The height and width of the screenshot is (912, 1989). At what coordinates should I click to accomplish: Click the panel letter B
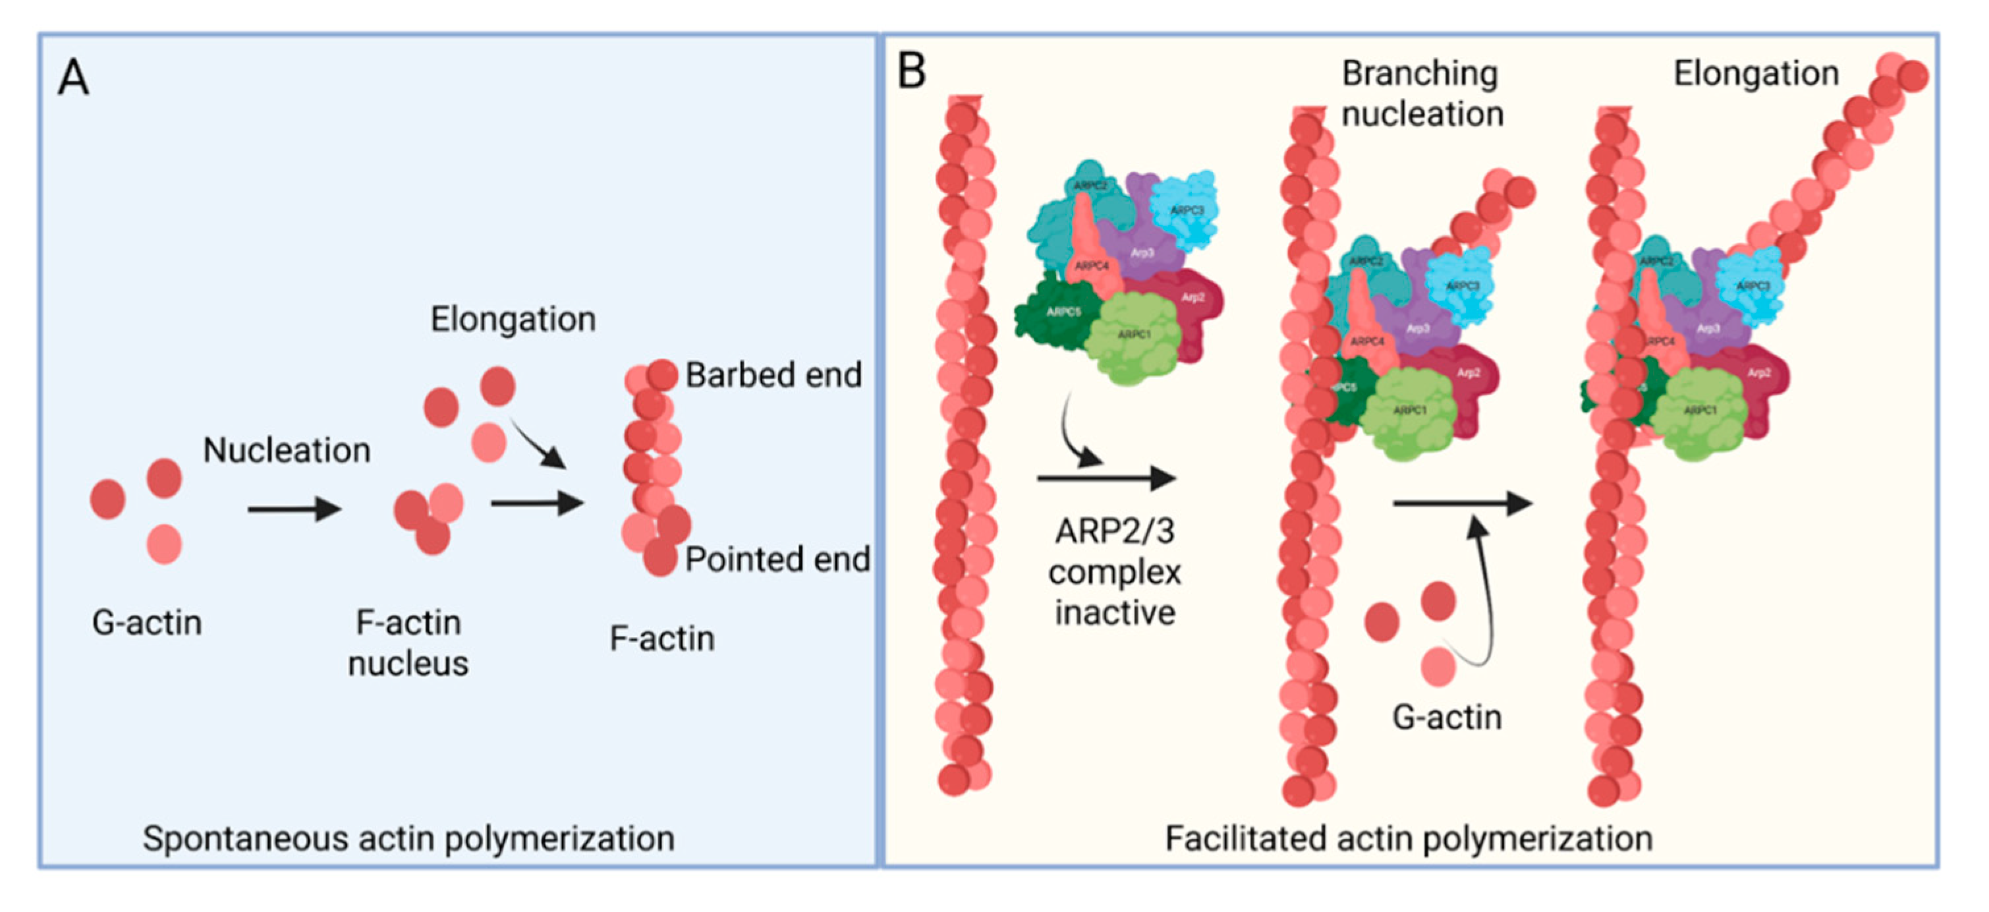(911, 72)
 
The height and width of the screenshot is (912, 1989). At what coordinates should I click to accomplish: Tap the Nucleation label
(287, 450)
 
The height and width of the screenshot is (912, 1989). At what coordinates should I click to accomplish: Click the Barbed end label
(773, 376)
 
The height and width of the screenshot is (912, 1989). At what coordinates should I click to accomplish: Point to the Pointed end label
(777, 559)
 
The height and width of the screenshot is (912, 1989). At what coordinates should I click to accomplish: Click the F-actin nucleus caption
(408, 642)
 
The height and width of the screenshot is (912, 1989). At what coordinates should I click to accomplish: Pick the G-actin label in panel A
(147, 623)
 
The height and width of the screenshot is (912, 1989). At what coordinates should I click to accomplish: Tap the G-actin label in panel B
(1447, 718)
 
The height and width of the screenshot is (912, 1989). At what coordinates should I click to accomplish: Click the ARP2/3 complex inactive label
(1115, 572)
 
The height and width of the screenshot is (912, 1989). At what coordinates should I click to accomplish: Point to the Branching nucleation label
(1422, 94)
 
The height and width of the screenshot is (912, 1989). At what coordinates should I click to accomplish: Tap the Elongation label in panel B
(1756, 73)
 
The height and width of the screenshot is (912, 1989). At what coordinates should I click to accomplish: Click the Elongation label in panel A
(513, 319)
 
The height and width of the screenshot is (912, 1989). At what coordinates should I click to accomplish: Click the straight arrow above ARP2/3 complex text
(1106, 478)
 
